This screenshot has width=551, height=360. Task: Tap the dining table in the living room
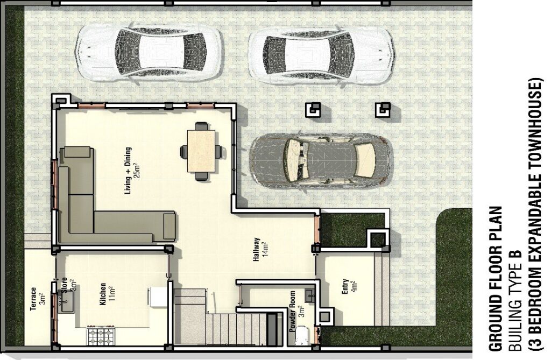pyautogui.click(x=201, y=151)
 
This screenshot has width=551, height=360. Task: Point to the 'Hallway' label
pyautogui.click(x=257, y=250)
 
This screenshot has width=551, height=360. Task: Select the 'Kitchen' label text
pyautogui.click(x=103, y=294)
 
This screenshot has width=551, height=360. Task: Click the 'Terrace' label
pyautogui.click(x=33, y=299)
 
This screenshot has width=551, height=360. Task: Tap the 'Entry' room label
pyautogui.click(x=345, y=286)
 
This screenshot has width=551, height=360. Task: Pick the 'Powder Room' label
pyautogui.click(x=292, y=312)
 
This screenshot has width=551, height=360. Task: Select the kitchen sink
pyautogui.click(x=66, y=302)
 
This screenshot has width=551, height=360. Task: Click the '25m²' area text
pyautogui.click(x=137, y=171)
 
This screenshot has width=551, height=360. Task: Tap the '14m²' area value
pyautogui.click(x=266, y=250)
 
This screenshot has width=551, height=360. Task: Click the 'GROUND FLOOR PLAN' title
pyautogui.click(x=496, y=279)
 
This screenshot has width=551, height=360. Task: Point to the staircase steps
pyautogui.click(x=228, y=318)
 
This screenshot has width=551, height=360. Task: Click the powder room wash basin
pyautogui.click(x=310, y=296)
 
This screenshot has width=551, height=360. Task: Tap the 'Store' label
pyautogui.click(x=65, y=285)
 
